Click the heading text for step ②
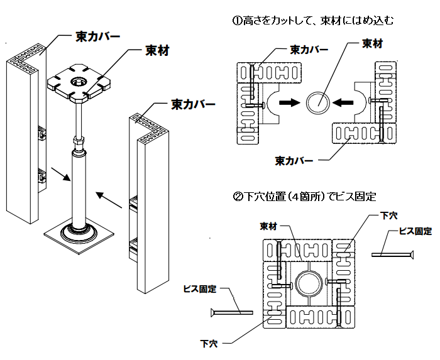click(x=304, y=197)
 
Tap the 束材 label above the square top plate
click(x=157, y=50)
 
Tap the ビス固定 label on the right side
click(x=415, y=231)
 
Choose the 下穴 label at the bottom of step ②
click(x=209, y=343)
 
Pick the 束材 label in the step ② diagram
click(x=269, y=225)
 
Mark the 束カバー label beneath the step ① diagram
click(x=294, y=160)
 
